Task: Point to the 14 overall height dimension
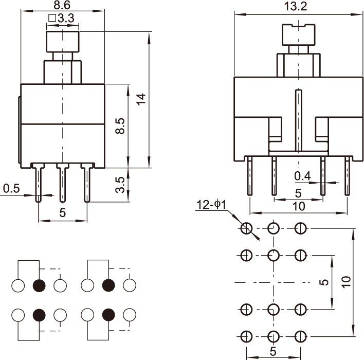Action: point(141,99)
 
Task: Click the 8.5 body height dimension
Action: point(119,126)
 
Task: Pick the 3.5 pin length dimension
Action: point(120,185)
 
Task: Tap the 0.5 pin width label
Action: point(11,189)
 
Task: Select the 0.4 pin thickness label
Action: point(302,176)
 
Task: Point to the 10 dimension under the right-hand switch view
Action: point(298,206)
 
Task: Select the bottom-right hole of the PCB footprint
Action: point(300,336)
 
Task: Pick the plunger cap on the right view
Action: point(298,35)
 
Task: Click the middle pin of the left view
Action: point(63,183)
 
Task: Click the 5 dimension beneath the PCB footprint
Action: point(273,352)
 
